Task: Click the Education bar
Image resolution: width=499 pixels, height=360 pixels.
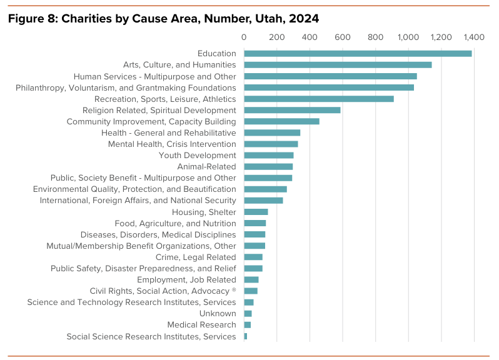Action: pyautogui.click(x=358, y=54)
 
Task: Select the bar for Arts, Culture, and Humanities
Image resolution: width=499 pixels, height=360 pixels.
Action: pyautogui.click(x=338, y=65)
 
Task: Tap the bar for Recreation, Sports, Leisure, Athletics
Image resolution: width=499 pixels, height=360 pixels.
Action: pyautogui.click(x=319, y=99)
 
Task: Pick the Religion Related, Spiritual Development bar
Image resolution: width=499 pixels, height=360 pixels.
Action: pyautogui.click(x=292, y=110)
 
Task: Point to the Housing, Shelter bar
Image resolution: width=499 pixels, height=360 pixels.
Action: pyautogui.click(x=256, y=212)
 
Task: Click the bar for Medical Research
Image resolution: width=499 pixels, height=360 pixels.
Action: pyautogui.click(x=248, y=325)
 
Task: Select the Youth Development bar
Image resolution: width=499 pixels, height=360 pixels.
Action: pyautogui.click(x=269, y=155)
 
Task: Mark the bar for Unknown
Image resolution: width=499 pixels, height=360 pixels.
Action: pyautogui.click(x=248, y=314)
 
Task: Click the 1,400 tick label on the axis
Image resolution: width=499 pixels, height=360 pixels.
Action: pyautogui.click(x=473, y=37)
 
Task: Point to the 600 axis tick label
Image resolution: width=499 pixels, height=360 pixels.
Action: pyautogui.click(x=343, y=37)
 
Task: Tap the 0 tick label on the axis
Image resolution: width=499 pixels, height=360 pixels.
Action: pyautogui.click(x=244, y=37)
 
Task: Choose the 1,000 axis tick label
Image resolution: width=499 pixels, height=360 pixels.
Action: pyautogui.click(x=408, y=37)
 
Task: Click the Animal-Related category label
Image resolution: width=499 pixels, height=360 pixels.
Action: pyautogui.click(x=206, y=167)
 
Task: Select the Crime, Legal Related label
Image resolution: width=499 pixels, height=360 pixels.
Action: pyautogui.click(x=196, y=257)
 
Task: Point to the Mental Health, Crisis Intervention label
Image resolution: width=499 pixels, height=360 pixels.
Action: pyautogui.click(x=172, y=144)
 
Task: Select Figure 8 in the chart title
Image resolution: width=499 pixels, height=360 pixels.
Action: pyautogui.click(x=31, y=19)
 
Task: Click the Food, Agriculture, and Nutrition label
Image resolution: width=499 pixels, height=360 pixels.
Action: pyautogui.click(x=175, y=224)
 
